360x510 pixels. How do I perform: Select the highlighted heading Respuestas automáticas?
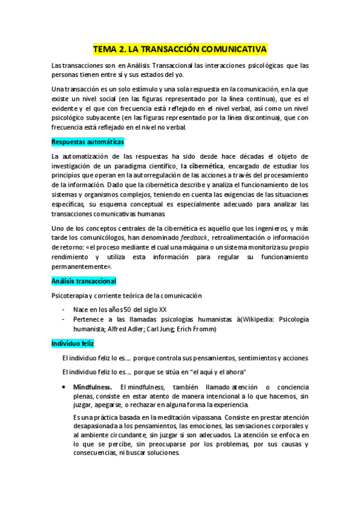pyautogui.click(x=88, y=142)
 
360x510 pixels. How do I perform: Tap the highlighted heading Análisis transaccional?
pyautogui.click(x=84, y=281)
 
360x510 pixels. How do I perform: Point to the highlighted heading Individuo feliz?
pyautogui.click(x=73, y=343)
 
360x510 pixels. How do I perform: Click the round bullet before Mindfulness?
pyautogui.click(x=64, y=386)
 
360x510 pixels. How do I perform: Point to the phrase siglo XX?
pyautogui.click(x=154, y=309)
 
